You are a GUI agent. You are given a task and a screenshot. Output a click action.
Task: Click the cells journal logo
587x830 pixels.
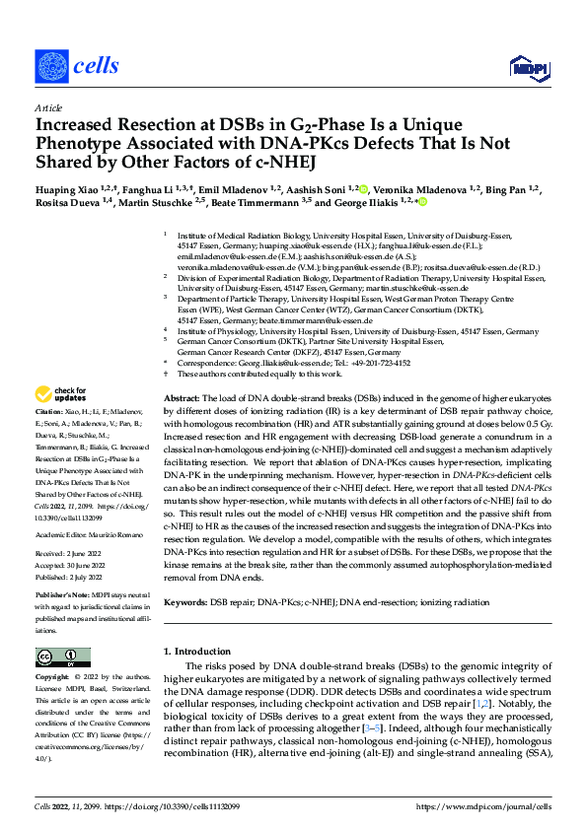[77, 65]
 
